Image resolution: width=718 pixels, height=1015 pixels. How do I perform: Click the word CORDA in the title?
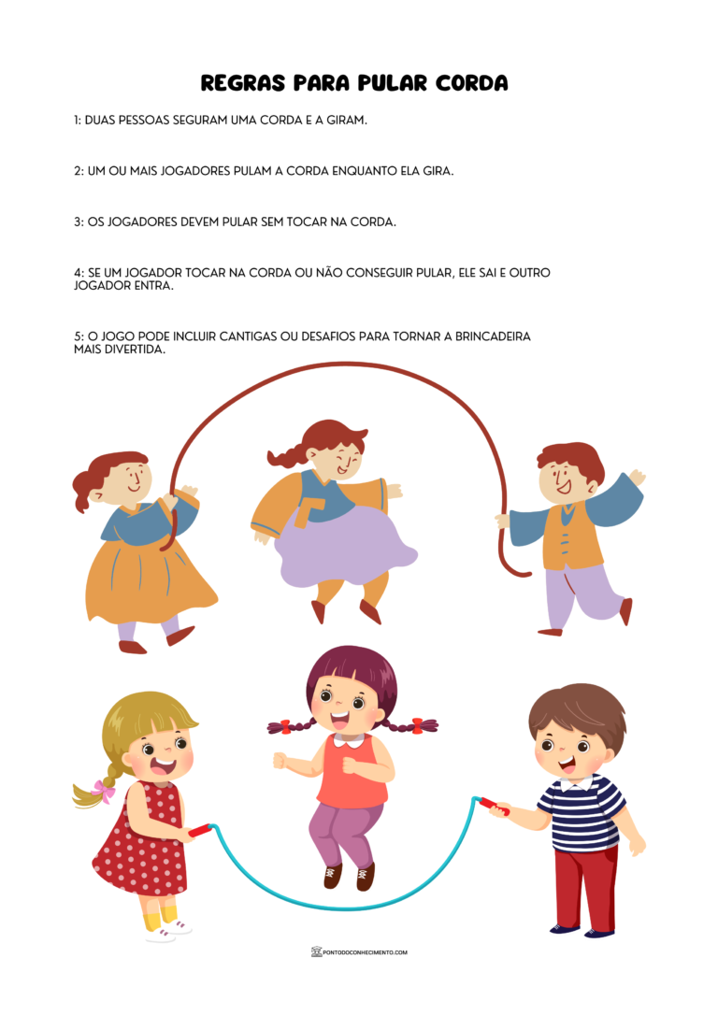(471, 83)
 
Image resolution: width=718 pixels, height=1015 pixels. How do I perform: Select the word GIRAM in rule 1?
(351, 120)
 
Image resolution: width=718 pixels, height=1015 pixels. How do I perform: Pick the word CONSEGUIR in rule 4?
(380, 273)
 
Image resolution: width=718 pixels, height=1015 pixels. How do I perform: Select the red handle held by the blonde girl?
(200, 830)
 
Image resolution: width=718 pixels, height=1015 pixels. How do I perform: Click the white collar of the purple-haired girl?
(351, 738)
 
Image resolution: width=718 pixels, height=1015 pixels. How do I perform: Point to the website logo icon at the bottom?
(317, 951)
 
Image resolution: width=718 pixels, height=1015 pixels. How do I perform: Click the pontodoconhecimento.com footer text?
(366, 952)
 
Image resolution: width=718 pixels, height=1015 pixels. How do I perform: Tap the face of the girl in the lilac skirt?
(337, 461)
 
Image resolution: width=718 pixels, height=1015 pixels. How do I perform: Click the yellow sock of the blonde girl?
(159, 918)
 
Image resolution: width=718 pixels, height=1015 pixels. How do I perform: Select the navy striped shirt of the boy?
(582, 812)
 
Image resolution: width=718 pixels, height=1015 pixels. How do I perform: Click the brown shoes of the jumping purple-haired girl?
(349, 876)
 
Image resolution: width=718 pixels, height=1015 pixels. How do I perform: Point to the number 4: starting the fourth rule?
(79, 273)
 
